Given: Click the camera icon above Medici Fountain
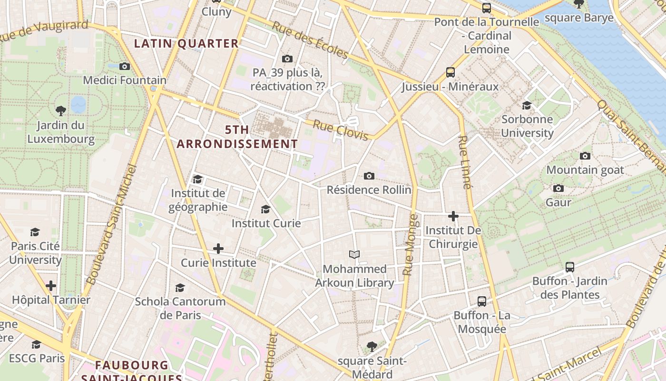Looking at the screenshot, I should click(x=125, y=66).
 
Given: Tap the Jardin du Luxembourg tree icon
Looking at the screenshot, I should click(x=61, y=111).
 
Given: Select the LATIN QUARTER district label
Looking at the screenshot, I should click(x=186, y=43).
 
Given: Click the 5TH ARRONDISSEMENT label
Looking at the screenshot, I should click(x=237, y=137).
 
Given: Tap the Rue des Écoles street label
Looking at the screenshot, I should click(x=310, y=40).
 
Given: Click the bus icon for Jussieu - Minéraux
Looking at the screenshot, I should click(x=451, y=72).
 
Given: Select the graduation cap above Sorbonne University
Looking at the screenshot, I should click(x=527, y=105).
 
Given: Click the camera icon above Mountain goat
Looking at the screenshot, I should click(x=585, y=156).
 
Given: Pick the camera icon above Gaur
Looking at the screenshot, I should click(x=558, y=189).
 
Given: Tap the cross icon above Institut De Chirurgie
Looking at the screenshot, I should click(x=453, y=216).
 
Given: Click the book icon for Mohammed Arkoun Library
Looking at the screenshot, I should click(x=354, y=254).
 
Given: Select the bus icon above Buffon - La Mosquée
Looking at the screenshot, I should click(x=482, y=301).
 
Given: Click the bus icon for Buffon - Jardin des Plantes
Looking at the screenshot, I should click(x=570, y=267).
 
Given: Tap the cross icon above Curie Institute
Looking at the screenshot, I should click(x=218, y=249).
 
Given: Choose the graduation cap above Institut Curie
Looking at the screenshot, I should click(x=266, y=209).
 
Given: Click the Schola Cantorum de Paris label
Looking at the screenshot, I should click(x=180, y=308).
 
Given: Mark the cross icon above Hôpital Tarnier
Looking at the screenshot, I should click(x=51, y=286).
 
